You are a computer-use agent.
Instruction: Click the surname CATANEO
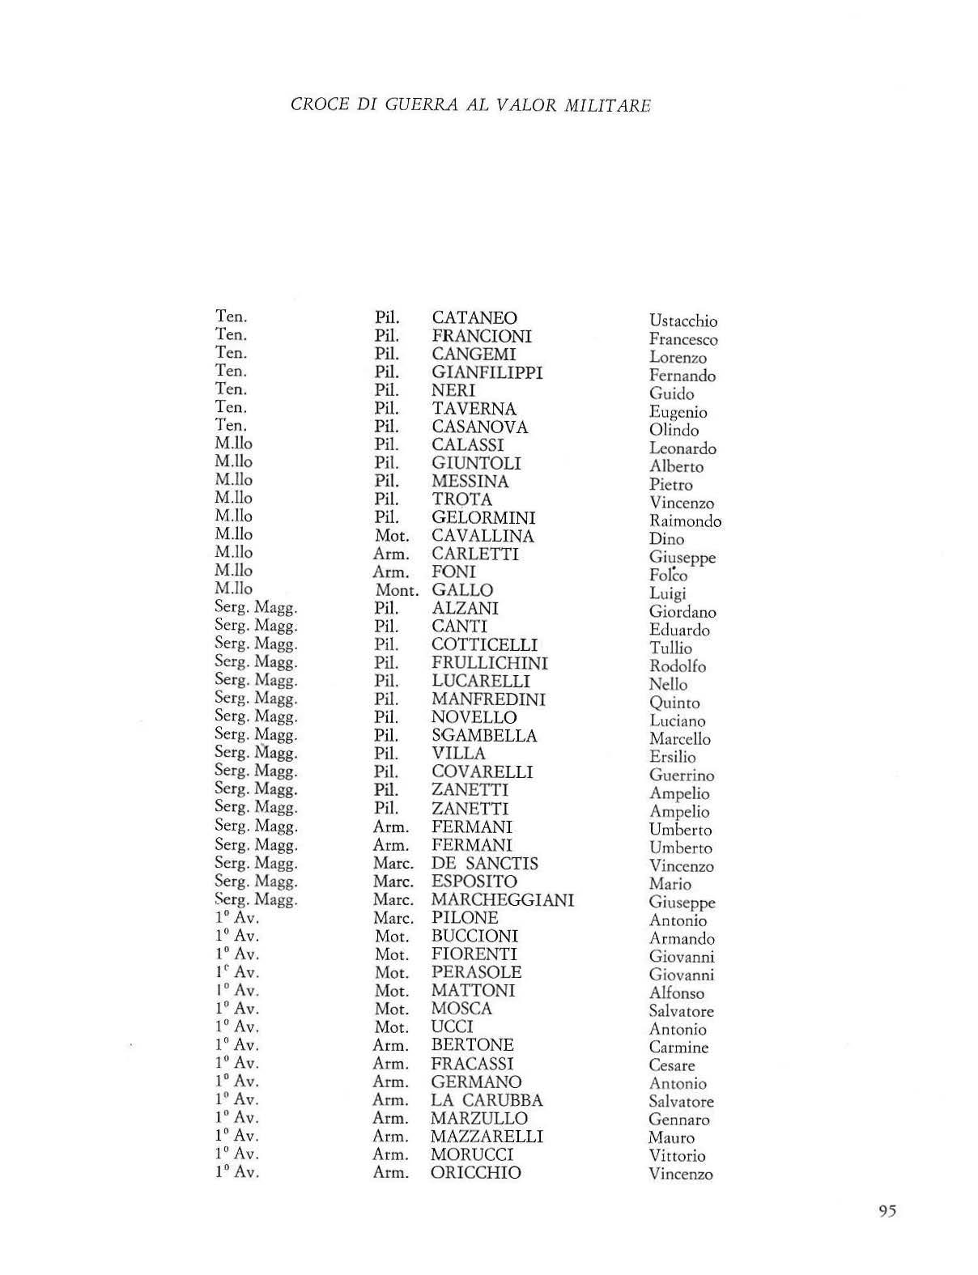pyautogui.click(x=474, y=318)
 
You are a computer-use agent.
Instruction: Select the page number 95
pyautogui.click(x=887, y=1212)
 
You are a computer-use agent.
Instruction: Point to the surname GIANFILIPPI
pyautogui.click(x=487, y=372)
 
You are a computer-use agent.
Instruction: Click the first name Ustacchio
pyautogui.click(x=682, y=321)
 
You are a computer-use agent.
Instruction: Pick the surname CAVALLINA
pyautogui.click(x=483, y=536)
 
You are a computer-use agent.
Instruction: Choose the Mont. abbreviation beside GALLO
pyautogui.click(x=396, y=591)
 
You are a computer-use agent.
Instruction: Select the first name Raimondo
pyautogui.click(x=684, y=521)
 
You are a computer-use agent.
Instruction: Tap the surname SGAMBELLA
pyautogui.click(x=484, y=736)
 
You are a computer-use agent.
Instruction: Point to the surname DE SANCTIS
pyautogui.click(x=484, y=864)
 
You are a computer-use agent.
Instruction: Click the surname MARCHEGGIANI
pyautogui.click(x=502, y=900)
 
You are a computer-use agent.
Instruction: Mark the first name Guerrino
pyautogui.click(x=681, y=776)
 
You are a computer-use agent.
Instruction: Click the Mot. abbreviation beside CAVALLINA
pyautogui.click(x=392, y=536)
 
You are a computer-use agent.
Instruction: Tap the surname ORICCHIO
pyautogui.click(x=475, y=1173)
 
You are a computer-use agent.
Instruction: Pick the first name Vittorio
pyautogui.click(x=677, y=1156)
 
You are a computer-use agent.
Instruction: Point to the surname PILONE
pyautogui.click(x=464, y=918)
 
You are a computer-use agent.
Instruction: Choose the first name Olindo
pyautogui.click(x=673, y=431)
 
